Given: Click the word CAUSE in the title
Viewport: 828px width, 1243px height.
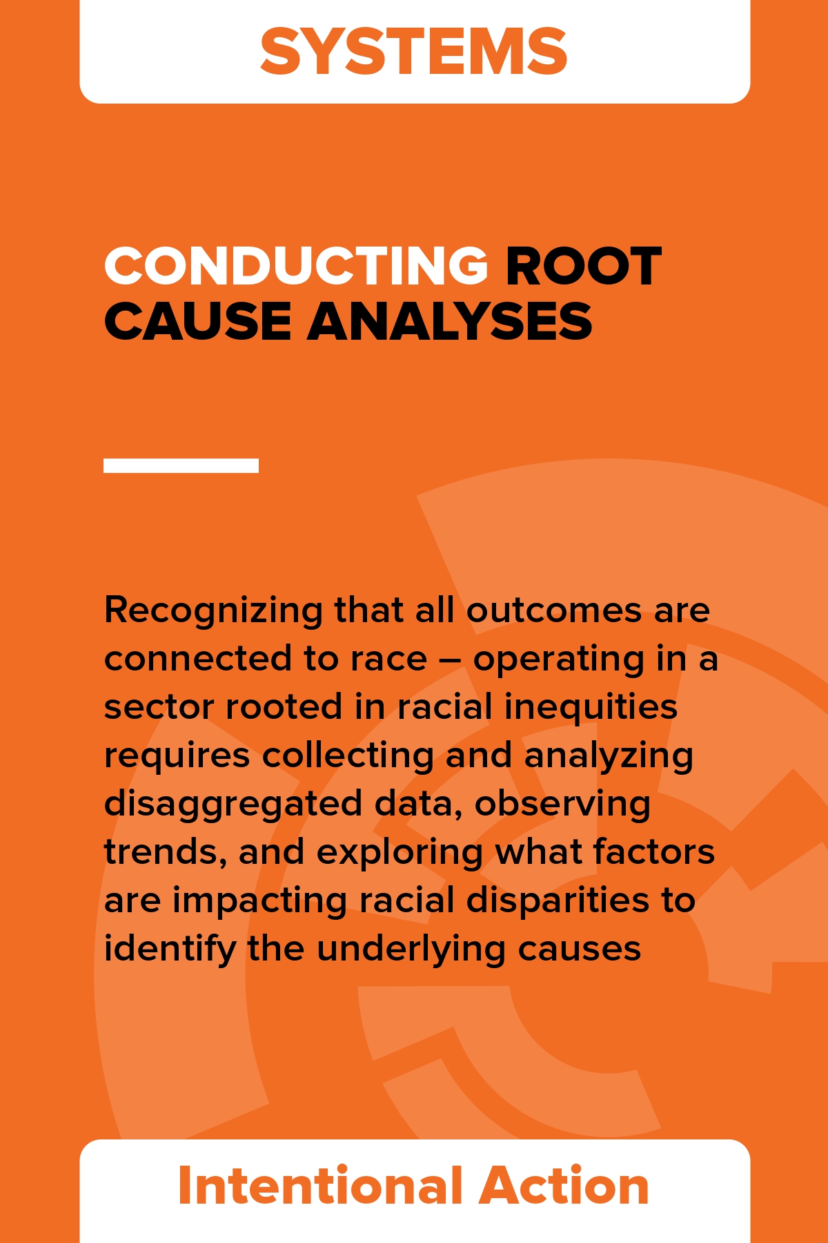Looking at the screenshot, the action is [197, 321].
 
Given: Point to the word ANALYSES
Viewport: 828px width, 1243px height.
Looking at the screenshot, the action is [450, 321].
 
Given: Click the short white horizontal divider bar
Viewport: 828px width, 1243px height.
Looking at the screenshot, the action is [181, 465].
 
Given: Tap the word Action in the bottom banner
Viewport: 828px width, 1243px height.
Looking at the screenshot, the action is [564, 1186].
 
